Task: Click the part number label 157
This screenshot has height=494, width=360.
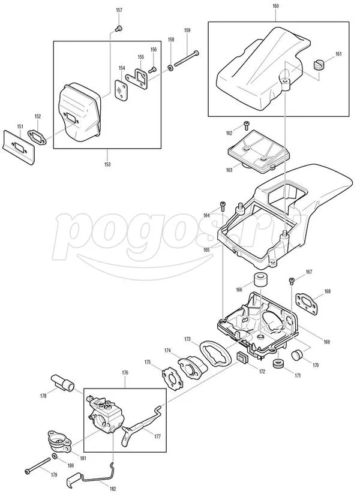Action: pos(119,10)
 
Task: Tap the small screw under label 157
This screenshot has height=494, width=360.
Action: pos(119,29)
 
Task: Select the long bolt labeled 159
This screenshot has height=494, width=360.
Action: pos(187,58)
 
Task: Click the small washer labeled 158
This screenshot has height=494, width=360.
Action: pos(170,68)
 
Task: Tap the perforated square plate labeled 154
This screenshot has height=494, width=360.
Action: pos(121,90)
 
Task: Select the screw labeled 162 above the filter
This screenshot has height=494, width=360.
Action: pos(246,125)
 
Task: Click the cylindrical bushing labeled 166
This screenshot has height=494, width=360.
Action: pos(261,279)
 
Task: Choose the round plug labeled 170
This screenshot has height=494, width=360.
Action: pos(297,355)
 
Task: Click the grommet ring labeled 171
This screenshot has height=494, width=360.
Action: pos(279,363)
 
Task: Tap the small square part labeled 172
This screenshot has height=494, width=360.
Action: pos(242,358)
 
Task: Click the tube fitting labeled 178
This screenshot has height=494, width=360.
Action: pos(62,382)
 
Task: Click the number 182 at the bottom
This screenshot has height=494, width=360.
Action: pos(113,489)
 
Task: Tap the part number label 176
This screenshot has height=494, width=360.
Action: pos(125,373)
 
